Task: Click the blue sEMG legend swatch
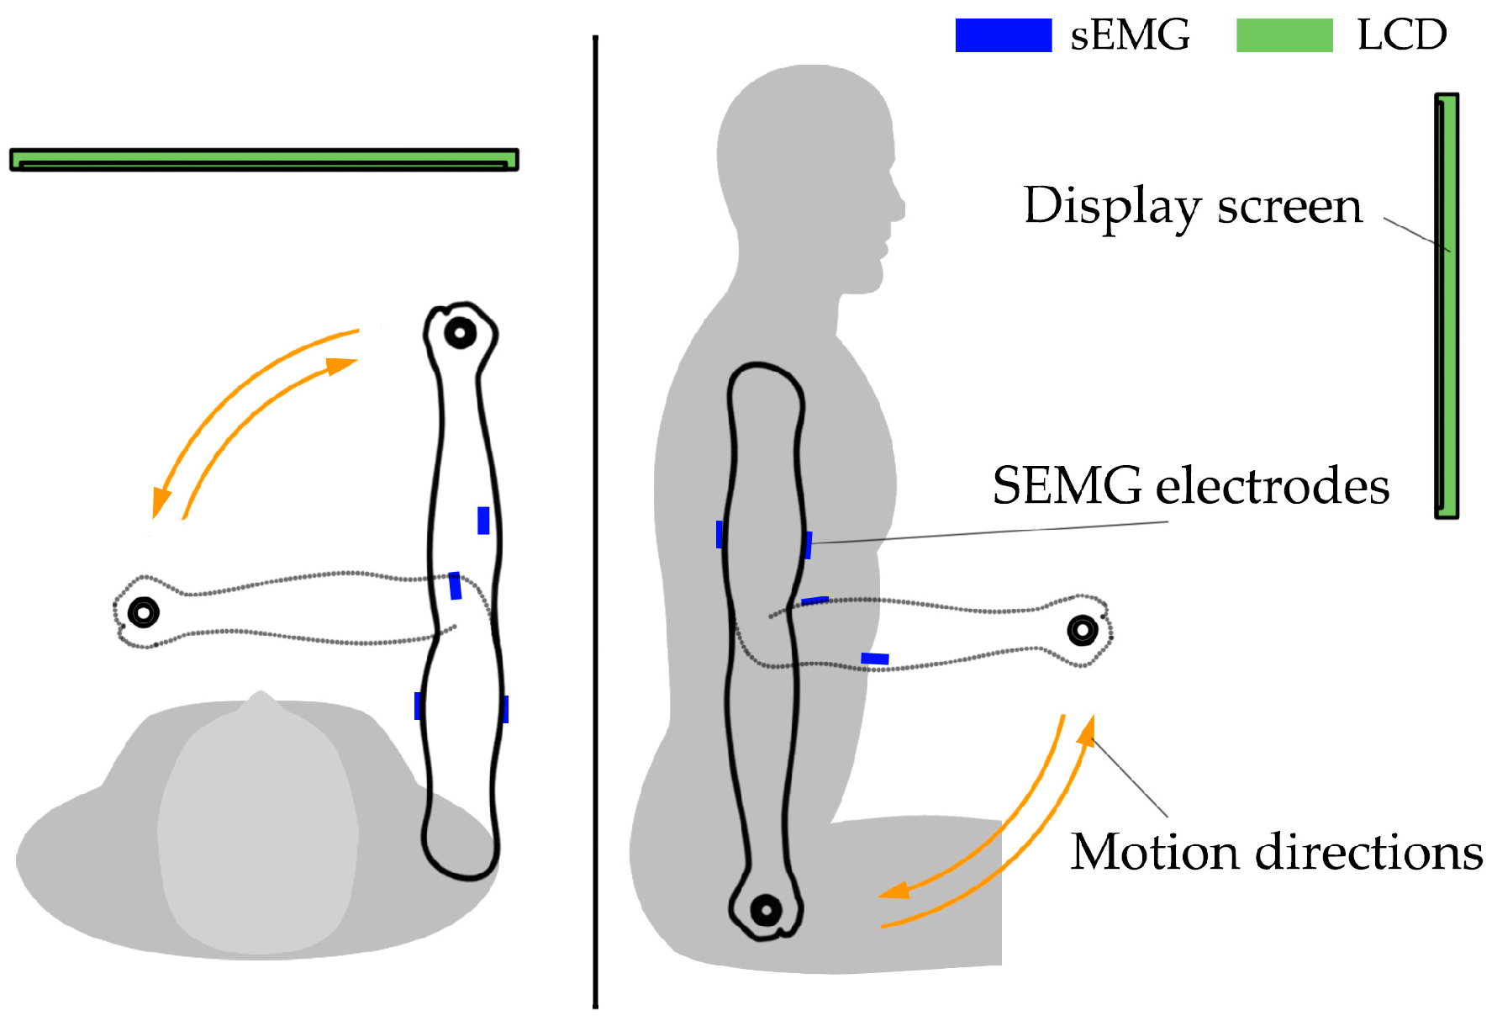[x=1003, y=35]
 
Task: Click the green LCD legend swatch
[x=1284, y=35]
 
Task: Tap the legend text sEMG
[x=1130, y=35]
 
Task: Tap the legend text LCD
[x=1401, y=35]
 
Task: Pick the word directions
[x=1368, y=852]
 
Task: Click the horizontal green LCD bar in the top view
[x=264, y=159]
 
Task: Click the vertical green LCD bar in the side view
[x=1447, y=305]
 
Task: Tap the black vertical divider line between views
[x=595, y=521]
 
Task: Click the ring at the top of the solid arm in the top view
[x=460, y=333]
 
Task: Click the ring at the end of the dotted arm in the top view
[x=143, y=612]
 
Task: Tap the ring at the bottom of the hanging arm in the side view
[x=766, y=910]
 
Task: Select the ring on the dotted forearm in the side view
[x=1082, y=630]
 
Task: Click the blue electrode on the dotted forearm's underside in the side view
[x=874, y=659]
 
